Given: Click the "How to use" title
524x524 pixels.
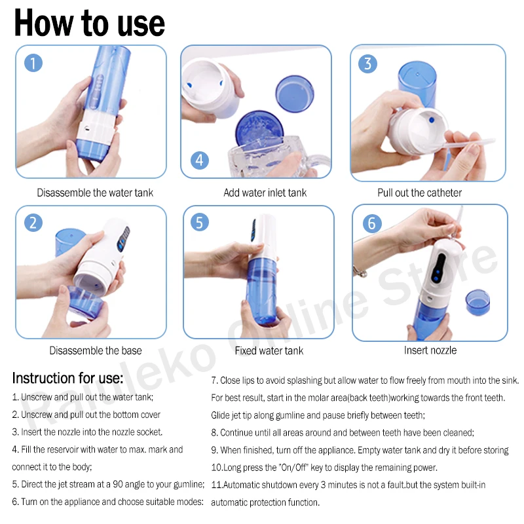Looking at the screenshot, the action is tap(90, 23).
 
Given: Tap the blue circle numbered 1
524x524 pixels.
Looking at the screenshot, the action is tap(33, 63).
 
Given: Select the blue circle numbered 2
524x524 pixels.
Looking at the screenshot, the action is tap(33, 223).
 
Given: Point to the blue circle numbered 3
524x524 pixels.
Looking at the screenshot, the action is tap(367, 64).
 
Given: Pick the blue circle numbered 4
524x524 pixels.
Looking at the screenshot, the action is tap(200, 160).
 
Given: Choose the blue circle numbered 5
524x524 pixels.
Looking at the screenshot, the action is tap(200, 222).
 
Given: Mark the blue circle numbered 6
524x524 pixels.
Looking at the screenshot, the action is tap(372, 223).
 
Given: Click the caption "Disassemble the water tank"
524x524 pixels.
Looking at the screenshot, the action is tap(95, 193).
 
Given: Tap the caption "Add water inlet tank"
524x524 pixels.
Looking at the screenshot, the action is tap(265, 193).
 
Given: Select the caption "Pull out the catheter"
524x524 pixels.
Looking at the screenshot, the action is tap(419, 193).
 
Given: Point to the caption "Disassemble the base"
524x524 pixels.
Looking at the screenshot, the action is tap(96, 350).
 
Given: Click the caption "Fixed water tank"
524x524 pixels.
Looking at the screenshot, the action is tap(269, 350).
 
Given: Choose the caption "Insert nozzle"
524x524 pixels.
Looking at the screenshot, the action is tap(430, 350).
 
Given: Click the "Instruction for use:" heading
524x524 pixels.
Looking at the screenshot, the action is tap(67, 379).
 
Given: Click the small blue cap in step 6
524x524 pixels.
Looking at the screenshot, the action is tap(478, 302).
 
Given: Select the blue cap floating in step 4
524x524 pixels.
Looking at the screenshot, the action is tap(295, 94).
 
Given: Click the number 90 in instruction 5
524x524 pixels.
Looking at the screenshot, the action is tap(118, 484).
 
